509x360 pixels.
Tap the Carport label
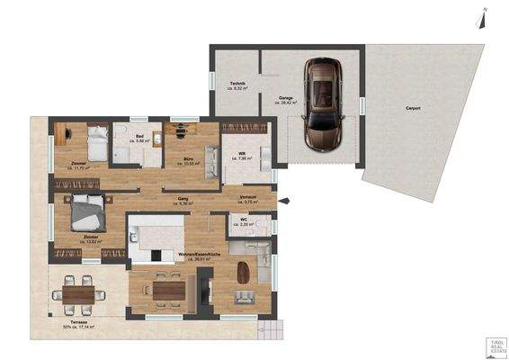click(413, 108)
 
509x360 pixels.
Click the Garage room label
click(286, 101)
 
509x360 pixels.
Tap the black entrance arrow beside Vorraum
click(284, 200)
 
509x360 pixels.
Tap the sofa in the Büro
click(213, 163)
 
